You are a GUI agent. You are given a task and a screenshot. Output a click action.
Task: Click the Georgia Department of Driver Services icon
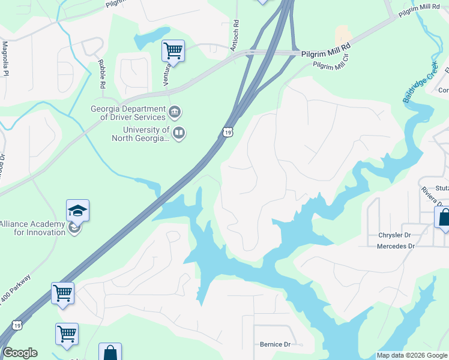coord(175,111)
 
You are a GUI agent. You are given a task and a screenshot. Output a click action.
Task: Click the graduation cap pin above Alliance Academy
coord(78,211)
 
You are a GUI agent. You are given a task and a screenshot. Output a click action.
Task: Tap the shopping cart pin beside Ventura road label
coord(173,51)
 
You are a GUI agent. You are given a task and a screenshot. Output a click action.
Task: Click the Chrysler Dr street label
coord(394,235)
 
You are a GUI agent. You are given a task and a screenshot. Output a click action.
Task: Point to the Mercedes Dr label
coord(396,246)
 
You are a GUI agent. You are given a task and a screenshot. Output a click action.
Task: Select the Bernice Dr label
coord(275,344)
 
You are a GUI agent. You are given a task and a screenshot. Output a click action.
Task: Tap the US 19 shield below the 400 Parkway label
coord(17,326)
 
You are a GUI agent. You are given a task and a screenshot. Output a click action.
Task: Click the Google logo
coord(20,353)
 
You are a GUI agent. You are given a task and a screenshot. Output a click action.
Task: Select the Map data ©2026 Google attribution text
coord(412,355)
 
